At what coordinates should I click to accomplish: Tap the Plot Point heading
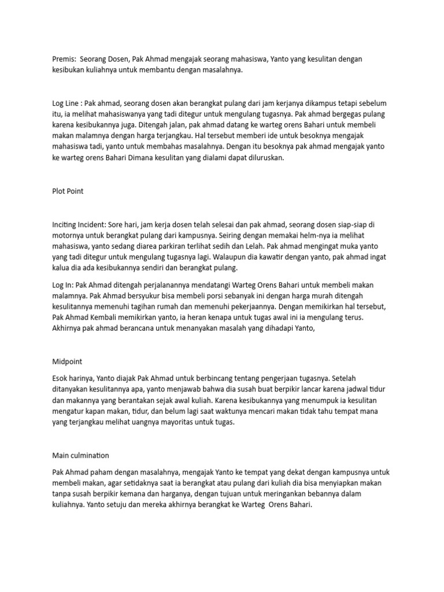68,191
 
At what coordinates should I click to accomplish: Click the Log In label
62,284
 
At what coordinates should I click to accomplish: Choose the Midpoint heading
67,361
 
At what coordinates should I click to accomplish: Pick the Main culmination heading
80,455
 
